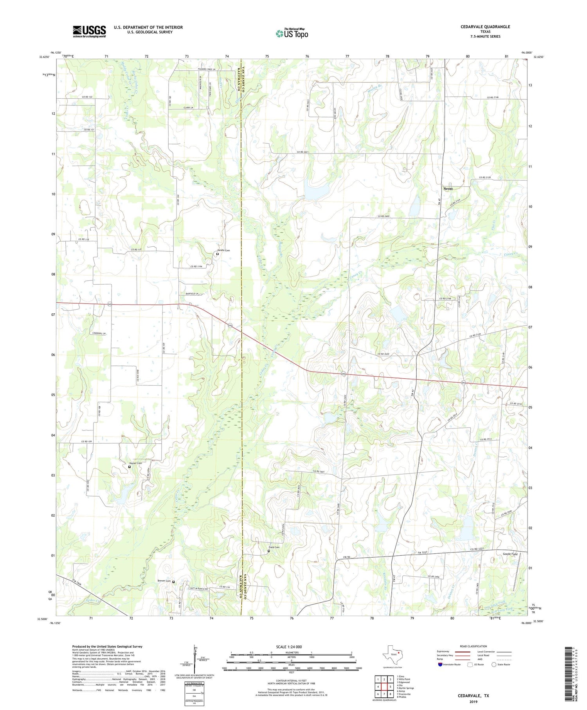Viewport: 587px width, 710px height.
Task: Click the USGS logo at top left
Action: [89, 31]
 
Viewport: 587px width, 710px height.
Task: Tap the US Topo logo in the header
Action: [292, 34]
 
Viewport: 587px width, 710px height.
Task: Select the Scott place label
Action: [448, 189]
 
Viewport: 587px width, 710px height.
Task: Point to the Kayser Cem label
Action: [135, 463]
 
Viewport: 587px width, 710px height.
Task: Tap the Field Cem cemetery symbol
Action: [268, 551]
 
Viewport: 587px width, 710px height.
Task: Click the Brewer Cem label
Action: [164, 581]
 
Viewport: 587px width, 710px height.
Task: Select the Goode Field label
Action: [510, 554]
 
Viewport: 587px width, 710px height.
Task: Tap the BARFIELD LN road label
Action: [192, 293]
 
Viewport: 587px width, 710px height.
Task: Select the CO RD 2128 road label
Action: [485, 177]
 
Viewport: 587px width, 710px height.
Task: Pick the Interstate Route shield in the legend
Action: [441, 665]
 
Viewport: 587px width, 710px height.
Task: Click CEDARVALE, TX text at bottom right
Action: [474, 696]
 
